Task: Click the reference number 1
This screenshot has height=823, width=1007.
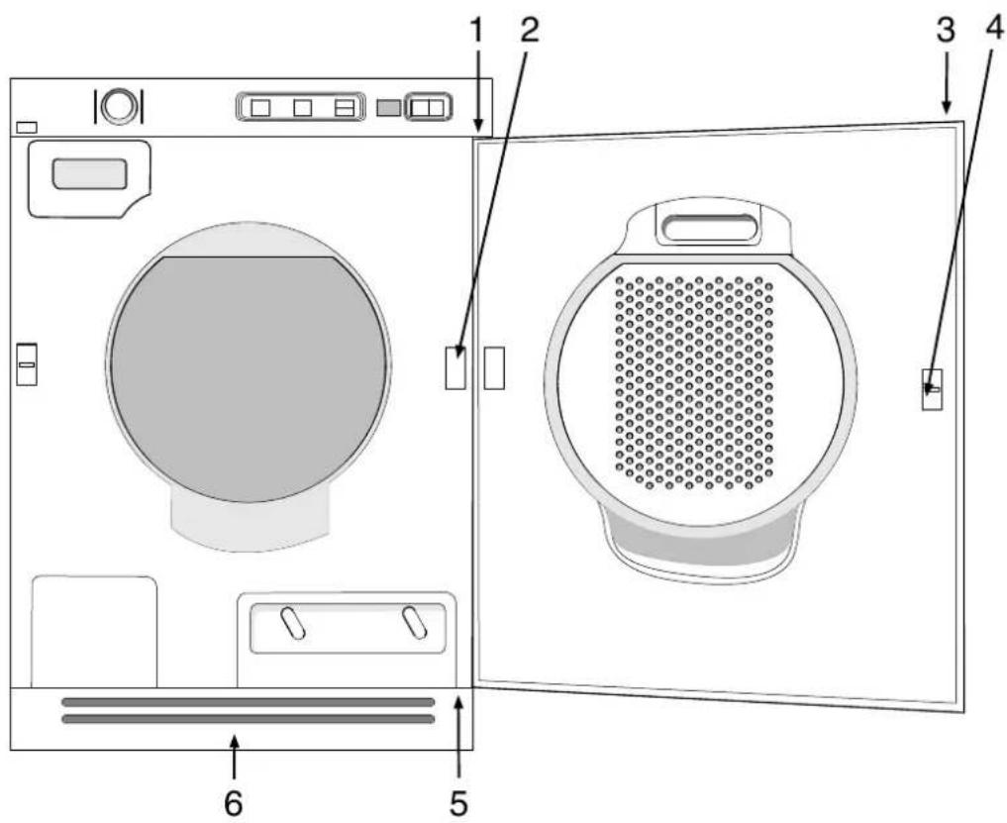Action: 476,29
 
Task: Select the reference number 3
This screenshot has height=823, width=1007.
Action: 946,30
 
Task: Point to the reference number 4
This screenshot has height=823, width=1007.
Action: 993,30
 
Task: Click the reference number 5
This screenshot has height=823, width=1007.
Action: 458,803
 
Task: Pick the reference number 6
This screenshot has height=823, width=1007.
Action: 234,803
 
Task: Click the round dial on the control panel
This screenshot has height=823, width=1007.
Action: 119,105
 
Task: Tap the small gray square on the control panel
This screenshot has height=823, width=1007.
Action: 388,108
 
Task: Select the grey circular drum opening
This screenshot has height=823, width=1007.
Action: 248,379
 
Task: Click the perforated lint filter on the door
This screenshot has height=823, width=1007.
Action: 694,383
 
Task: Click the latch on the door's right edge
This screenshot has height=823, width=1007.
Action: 933,389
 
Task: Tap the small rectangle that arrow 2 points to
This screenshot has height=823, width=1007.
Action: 455,368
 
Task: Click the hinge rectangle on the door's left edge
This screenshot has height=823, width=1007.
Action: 494,368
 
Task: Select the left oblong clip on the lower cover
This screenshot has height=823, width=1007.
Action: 293,623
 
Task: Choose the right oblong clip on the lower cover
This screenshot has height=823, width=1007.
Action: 414,623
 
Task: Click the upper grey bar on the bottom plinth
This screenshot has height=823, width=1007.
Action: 248,702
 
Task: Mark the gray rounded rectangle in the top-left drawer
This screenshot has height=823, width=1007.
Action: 89,174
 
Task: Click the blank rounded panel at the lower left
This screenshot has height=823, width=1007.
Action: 94,632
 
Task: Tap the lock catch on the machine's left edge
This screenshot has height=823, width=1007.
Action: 27,364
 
